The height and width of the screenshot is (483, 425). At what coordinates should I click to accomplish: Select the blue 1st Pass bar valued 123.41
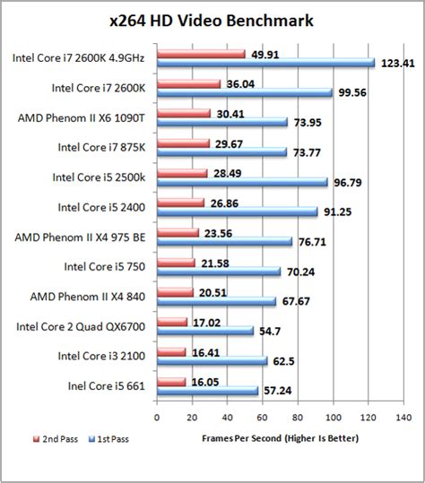click(x=265, y=63)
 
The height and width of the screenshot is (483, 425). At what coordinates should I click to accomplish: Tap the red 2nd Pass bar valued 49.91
click(x=201, y=54)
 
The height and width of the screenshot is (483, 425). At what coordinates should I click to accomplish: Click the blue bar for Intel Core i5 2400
click(x=237, y=212)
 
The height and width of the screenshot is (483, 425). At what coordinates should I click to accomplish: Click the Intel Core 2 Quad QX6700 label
click(x=82, y=326)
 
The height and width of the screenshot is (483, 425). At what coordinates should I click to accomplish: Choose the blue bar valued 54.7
click(x=204, y=332)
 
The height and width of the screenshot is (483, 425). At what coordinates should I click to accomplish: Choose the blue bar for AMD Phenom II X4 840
click(x=216, y=302)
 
